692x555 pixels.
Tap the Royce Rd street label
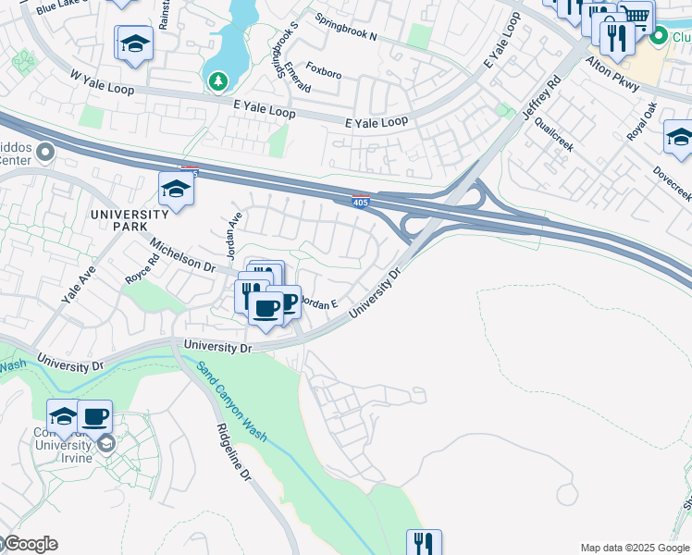click(142, 267)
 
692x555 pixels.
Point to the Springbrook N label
click(346, 28)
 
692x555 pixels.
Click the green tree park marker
click(218, 82)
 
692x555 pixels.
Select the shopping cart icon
click(635, 15)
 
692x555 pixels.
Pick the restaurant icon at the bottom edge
click(424, 543)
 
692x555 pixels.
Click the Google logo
click(30, 544)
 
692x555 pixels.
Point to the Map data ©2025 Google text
click(635, 548)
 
